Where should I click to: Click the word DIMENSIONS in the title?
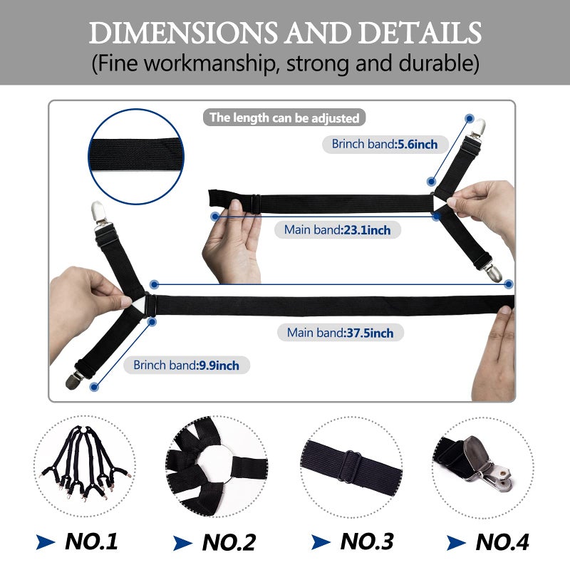click(183, 33)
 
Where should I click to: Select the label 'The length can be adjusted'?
click(284, 118)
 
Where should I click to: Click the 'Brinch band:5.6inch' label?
click(385, 145)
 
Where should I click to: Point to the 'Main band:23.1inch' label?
click(337, 229)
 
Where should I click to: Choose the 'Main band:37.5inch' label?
click(341, 333)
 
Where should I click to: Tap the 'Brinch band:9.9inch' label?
click(187, 365)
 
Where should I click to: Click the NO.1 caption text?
click(91, 541)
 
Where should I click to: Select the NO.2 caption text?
click(229, 542)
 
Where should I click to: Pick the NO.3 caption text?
click(367, 541)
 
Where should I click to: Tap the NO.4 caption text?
click(502, 542)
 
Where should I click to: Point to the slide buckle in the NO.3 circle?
click(350, 467)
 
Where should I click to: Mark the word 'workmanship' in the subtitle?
click(209, 63)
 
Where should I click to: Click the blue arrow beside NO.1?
click(45, 541)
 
